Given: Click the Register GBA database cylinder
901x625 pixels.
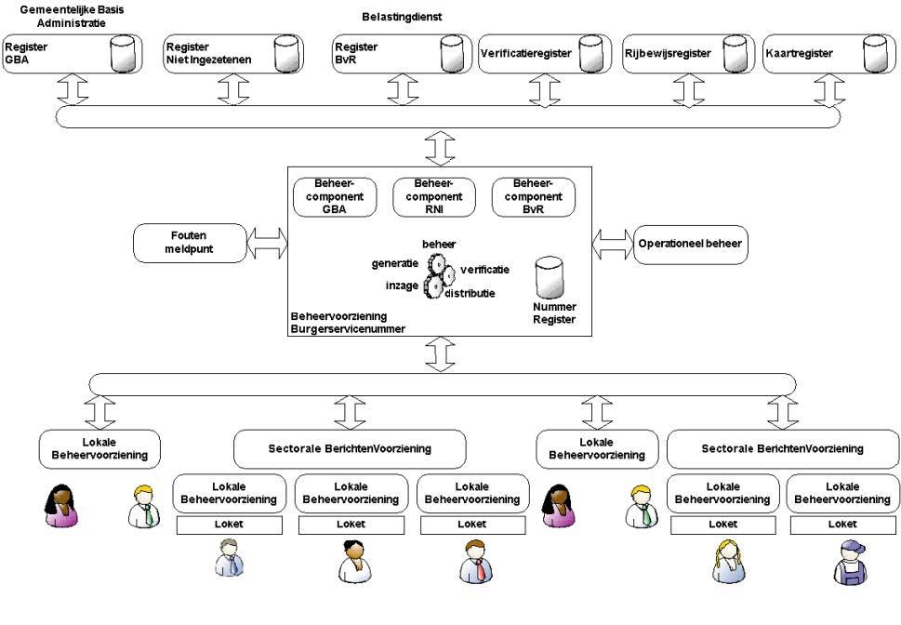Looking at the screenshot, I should tap(123, 55).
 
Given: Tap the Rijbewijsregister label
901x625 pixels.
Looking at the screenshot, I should tap(667, 54).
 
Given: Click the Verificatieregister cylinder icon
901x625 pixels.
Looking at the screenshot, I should tap(590, 54).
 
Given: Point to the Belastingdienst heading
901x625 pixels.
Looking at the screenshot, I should tap(401, 17).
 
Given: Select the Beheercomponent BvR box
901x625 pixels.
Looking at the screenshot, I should tap(533, 196).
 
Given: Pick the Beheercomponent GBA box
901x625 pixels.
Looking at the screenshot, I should tap(332, 196).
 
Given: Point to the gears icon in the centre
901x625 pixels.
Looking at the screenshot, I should tap(439, 275).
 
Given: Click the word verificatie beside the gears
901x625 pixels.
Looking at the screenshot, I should tap(484, 270).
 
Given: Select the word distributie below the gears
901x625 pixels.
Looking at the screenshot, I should tap(469, 293).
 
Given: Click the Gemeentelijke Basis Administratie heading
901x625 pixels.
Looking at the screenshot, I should tap(72, 15).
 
